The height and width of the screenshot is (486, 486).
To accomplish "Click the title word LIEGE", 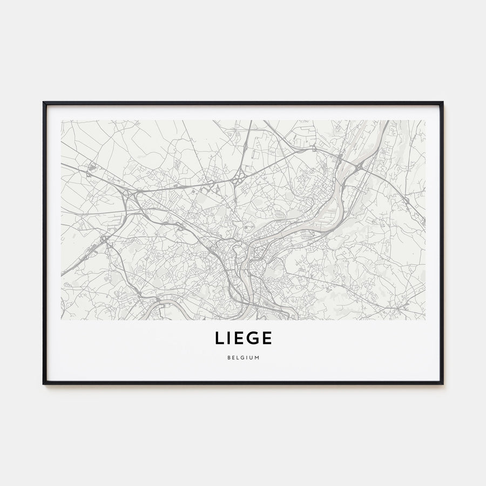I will coord(243,338).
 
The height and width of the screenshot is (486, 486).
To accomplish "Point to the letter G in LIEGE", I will coord(253,338).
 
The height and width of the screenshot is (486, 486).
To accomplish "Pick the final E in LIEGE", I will coord(267,338).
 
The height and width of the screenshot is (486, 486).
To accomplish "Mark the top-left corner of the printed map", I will coord(61,120).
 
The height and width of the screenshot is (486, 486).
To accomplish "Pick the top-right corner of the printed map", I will coord(425,120).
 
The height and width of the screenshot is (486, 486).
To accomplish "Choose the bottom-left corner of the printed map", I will coord(61,320).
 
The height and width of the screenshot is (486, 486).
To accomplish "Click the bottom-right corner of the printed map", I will coord(425,320).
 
